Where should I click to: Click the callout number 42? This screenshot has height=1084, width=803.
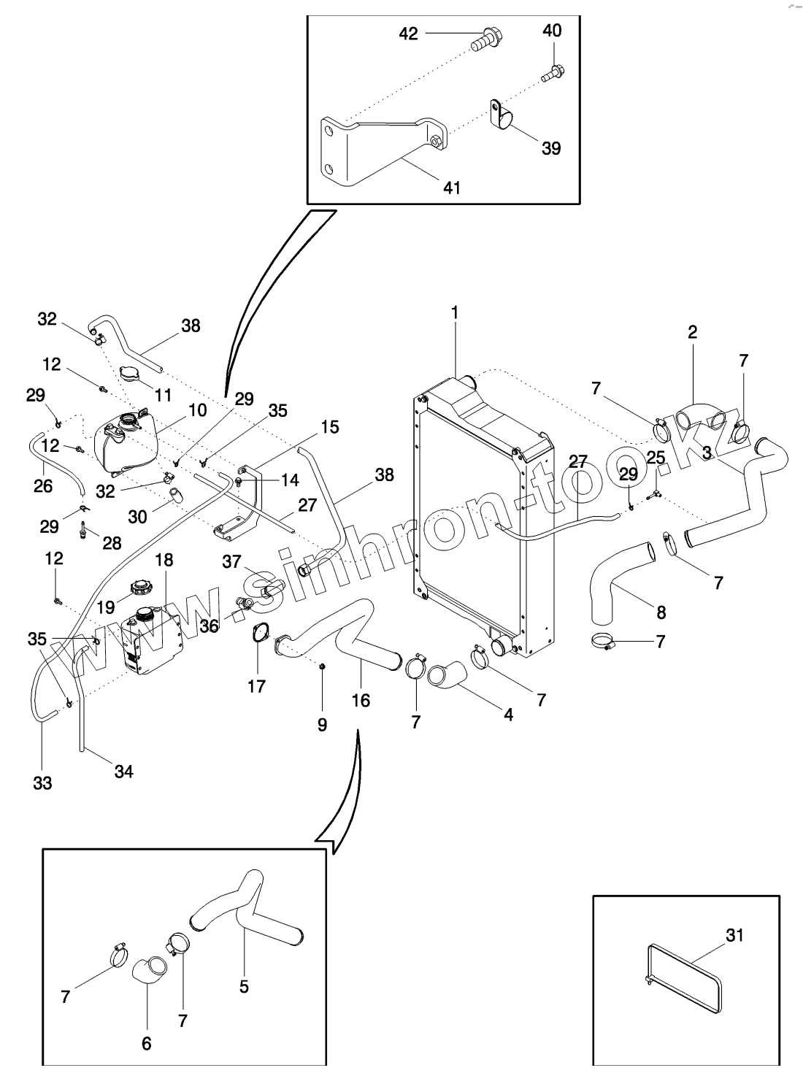[x=408, y=33]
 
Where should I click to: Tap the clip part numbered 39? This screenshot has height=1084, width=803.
[x=500, y=112]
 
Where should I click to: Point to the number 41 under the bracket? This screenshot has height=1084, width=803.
[x=452, y=187]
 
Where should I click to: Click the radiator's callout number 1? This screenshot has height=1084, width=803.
[x=455, y=312]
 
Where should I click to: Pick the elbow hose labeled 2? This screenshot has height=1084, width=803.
[x=697, y=419]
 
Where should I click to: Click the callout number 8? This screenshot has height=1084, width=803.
[x=661, y=612]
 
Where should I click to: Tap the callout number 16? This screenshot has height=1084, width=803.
[x=361, y=700]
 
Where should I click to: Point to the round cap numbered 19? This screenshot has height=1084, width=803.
[x=139, y=587]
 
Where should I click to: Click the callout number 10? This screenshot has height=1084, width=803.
[x=197, y=410]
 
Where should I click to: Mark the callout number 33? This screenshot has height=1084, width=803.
[x=42, y=783]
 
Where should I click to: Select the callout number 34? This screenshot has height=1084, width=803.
[x=124, y=771]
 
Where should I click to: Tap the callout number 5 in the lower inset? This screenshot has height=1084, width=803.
[x=244, y=986]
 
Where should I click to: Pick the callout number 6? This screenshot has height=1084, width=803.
[x=146, y=1044]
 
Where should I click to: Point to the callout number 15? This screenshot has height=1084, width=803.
[x=329, y=426]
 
